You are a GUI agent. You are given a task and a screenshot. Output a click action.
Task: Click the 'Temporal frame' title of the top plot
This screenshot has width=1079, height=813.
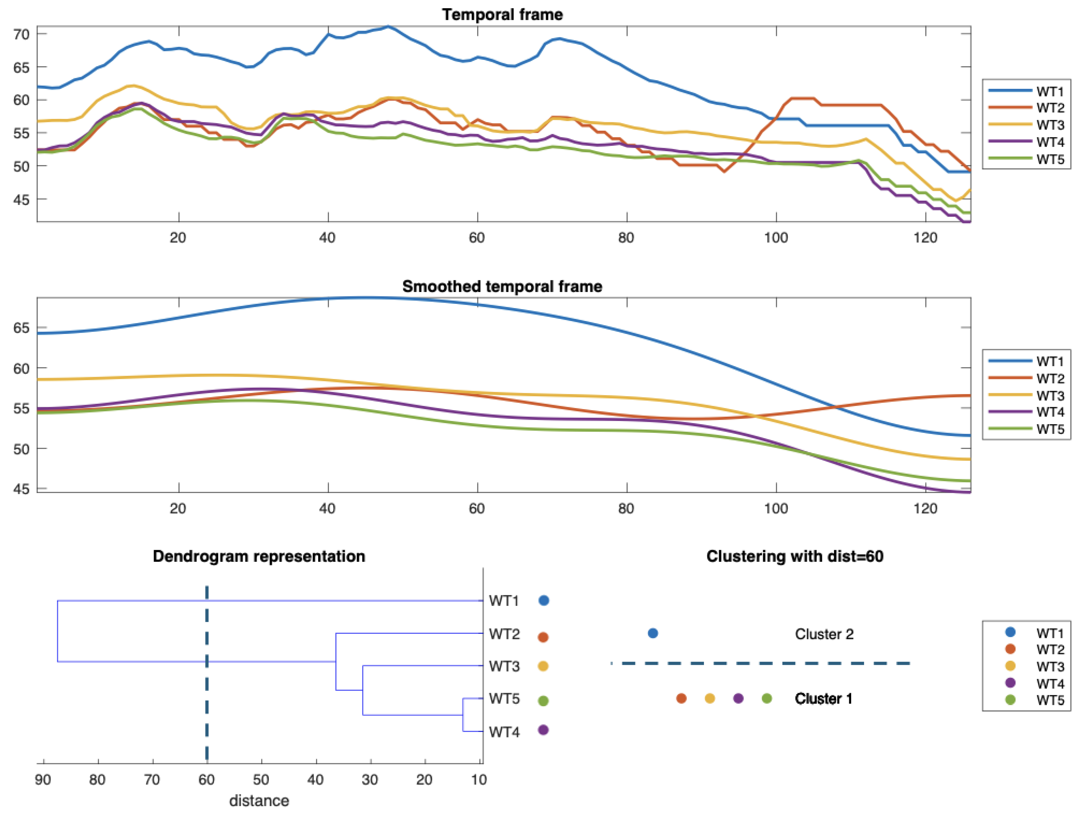point(502,15)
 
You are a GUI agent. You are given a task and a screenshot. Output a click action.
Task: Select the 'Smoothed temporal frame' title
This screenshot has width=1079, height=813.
point(502,286)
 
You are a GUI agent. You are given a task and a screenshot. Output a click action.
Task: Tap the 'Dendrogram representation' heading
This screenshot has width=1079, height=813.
point(259,556)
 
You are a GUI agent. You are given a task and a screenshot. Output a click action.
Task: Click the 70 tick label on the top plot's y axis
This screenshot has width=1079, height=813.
point(21,34)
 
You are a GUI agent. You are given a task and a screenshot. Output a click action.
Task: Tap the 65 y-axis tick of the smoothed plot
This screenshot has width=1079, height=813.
point(21,328)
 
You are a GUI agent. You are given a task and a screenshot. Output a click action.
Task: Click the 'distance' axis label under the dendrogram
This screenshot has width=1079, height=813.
point(259,801)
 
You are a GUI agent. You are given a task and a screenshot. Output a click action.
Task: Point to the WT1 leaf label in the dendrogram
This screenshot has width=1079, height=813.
point(504,601)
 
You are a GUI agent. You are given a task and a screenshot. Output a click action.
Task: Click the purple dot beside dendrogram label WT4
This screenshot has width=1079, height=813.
point(543,730)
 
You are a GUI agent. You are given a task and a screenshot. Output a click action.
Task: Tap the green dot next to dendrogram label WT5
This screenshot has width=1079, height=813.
point(543,701)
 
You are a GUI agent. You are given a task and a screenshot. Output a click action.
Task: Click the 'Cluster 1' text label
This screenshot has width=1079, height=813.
point(823,699)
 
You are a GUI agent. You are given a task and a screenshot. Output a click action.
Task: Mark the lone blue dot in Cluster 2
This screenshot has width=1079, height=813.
point(653,633)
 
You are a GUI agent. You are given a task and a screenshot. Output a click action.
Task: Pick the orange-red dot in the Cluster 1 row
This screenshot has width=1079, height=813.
point(681,698)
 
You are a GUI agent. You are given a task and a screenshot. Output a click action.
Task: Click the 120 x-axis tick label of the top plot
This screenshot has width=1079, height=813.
point(925,238)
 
